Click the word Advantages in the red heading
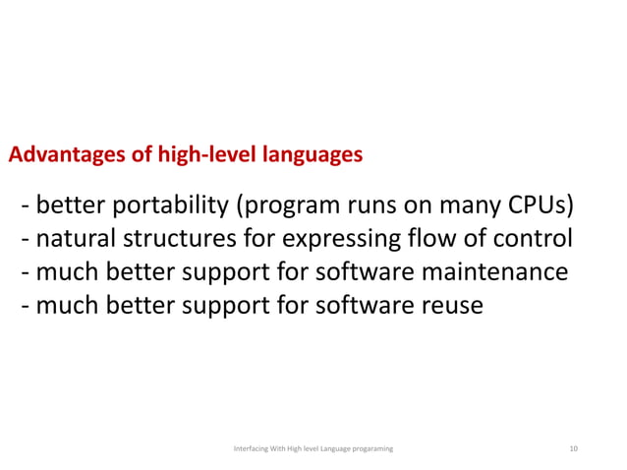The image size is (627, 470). pyautogui.click(x=61, y=155)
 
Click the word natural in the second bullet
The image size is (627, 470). pyautogui.click(x=74, y=239)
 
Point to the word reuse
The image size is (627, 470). pyautogui.click(x=451, y=306)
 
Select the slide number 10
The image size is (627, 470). pyautogui.click(x=574, y=448)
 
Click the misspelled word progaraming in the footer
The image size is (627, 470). pyautogui.click(x=366, y=448)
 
